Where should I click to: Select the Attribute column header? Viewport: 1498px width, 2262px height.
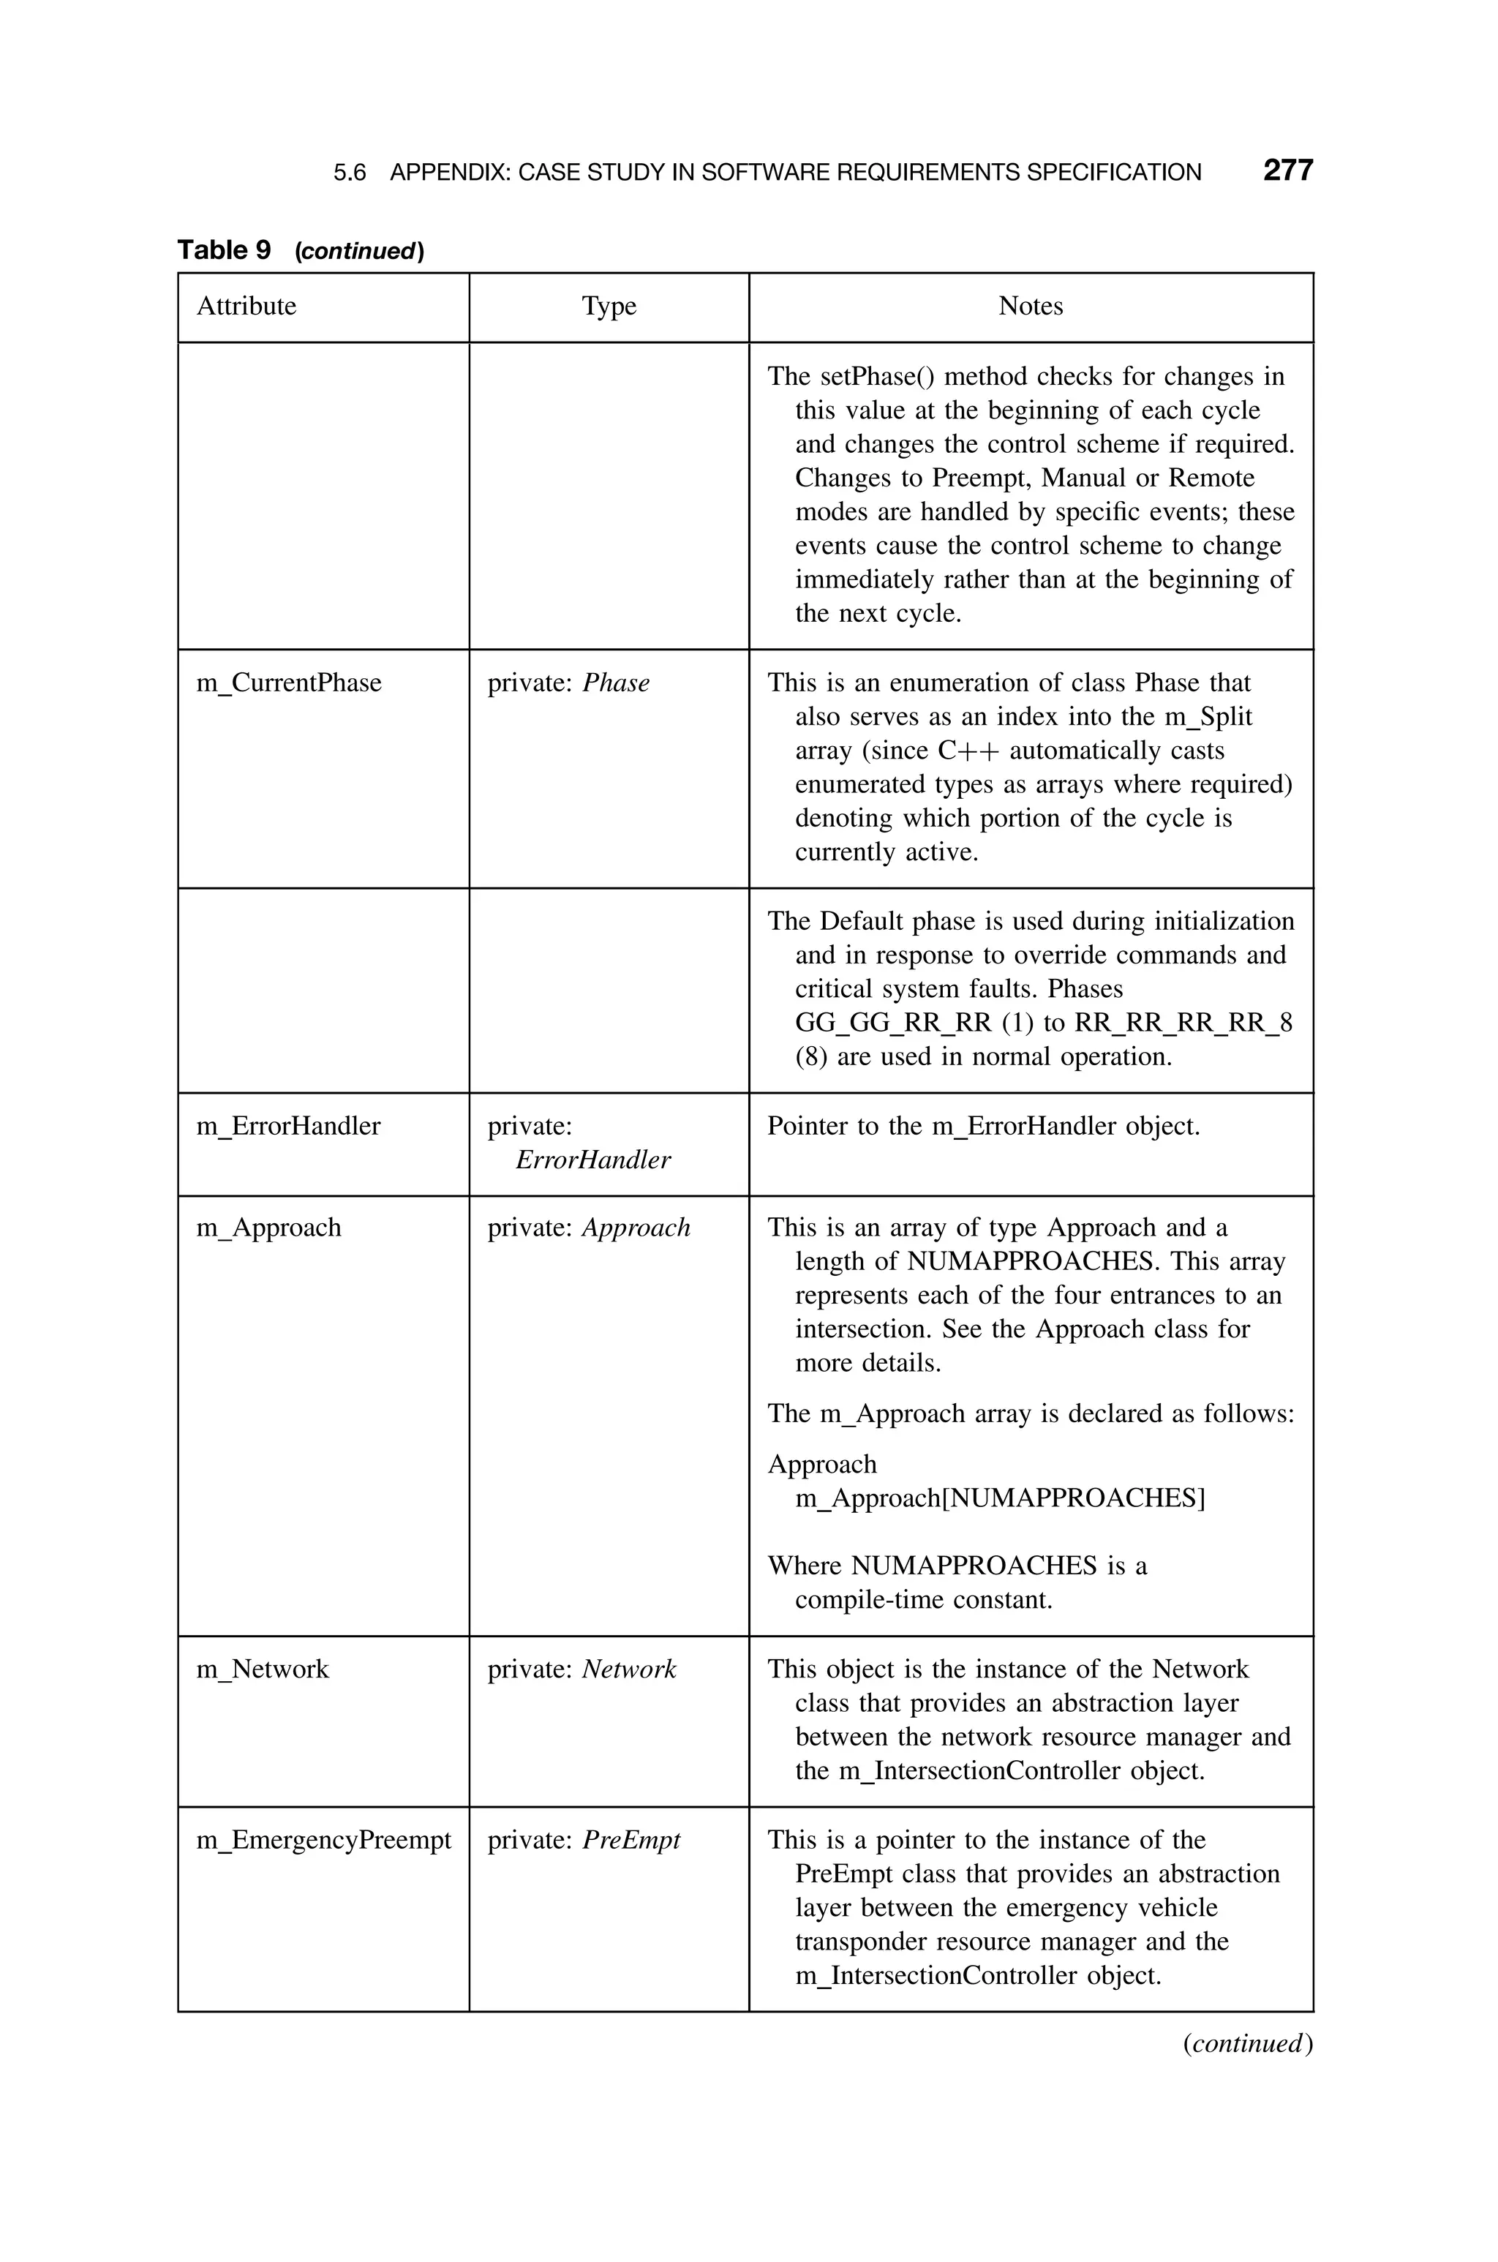click(246, 307)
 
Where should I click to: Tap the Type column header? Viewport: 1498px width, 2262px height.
click(609, 307)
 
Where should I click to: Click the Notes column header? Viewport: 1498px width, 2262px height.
click(1030, 307)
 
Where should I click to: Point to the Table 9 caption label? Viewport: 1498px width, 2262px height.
click(225, 250)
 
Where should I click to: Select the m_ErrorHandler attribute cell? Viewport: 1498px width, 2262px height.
click(288, 1126)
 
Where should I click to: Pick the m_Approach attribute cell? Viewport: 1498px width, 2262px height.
click(268, 1228)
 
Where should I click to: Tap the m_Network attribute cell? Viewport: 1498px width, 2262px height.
click(263, 1669)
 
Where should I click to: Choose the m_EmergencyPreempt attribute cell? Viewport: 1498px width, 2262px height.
click(323, 1840)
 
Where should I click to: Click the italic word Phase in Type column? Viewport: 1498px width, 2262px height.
click(616, 683)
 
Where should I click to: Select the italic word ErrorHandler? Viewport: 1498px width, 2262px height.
click(592, 1160)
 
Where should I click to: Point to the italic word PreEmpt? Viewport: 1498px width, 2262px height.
click(631, 1840)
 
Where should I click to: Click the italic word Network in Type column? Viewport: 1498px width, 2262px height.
click(628, 1669)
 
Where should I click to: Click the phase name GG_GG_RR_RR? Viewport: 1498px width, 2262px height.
click(893, 1023)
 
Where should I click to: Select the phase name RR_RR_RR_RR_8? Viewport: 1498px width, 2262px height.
click(1183, 1023)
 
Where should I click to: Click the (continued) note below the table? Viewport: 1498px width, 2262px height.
click(1246, 2043)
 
